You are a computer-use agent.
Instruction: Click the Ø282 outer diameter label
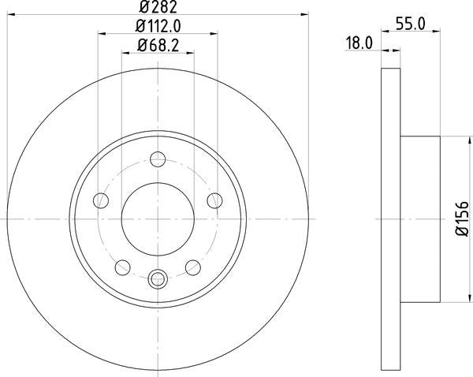157,9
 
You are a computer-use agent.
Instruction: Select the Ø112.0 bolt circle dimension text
158,28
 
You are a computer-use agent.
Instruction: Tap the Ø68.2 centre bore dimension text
158,46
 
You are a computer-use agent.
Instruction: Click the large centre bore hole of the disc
157,218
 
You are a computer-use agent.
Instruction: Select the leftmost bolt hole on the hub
100,200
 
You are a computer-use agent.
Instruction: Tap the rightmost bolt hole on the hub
214,200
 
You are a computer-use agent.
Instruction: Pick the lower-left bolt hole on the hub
122,267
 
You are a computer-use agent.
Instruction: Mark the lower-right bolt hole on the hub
192,267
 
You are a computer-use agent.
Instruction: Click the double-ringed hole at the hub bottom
157,278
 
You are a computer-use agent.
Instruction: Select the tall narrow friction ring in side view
391,218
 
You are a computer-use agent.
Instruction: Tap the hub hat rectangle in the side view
419,218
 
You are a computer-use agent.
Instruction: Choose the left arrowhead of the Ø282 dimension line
10,16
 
